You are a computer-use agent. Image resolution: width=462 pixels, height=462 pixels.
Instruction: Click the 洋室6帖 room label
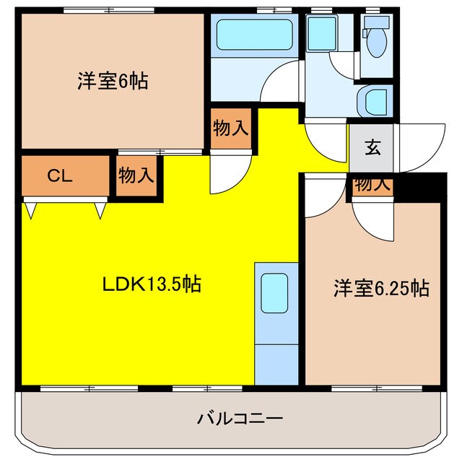113,81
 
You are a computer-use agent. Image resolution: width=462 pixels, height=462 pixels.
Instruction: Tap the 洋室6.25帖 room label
381,289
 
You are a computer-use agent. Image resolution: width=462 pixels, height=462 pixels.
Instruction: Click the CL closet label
60,176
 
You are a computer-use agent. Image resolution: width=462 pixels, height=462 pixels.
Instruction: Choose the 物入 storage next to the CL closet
136,175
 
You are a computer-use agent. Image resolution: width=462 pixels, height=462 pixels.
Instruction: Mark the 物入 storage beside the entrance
372,185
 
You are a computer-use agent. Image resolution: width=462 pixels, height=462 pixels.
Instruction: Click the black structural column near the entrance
418,186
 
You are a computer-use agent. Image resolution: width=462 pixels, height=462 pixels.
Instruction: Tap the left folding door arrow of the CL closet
31,210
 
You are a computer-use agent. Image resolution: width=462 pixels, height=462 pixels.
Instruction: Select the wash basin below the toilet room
375,100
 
